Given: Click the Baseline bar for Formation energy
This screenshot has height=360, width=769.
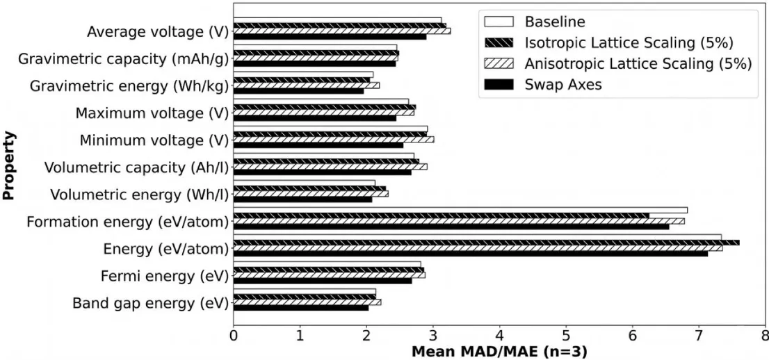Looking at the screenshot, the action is (x=460, y=210).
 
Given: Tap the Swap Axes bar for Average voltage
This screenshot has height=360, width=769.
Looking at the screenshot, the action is (x=330, y=36).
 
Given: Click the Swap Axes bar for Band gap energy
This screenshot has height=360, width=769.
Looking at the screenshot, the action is (x=301, y=307).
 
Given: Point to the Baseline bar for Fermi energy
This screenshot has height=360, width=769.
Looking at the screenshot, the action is (x=327, y=264).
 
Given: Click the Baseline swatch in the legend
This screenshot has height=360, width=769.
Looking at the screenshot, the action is (x=499, y=22).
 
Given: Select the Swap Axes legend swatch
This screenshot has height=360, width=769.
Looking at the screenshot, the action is (x=499, y=85).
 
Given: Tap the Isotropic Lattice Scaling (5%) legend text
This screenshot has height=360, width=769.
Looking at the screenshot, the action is (x=629, y=43).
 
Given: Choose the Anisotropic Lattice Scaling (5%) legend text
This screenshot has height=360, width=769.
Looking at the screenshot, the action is (x=638, y=64).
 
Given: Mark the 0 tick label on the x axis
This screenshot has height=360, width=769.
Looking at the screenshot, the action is (x=234, y=338).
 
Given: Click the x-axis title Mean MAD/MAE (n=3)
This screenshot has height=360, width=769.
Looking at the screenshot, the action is (x=499, y=352).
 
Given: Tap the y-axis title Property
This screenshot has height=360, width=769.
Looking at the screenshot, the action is (x=8, y=165).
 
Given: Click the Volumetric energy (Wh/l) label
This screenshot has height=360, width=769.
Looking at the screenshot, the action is (x=140, y=195).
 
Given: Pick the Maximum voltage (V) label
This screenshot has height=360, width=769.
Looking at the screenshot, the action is (x=152, y=114).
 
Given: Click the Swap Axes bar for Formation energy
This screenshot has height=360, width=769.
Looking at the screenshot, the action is (x=451, y=226).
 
